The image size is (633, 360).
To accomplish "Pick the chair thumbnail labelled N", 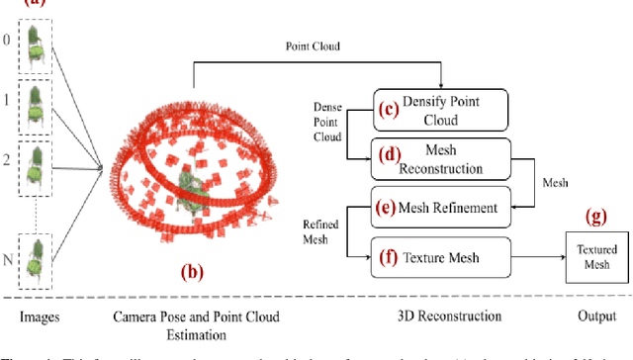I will [x=37, y=261].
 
